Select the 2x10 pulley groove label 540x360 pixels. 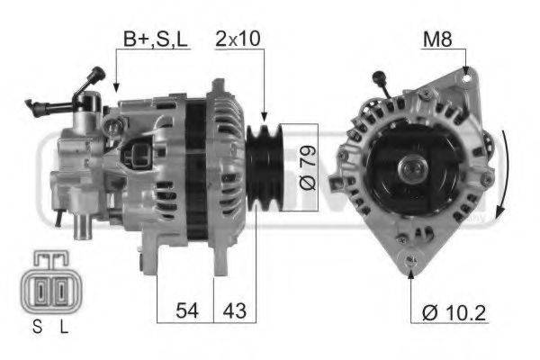click(239, 39)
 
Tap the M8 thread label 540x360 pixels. click(437, 39)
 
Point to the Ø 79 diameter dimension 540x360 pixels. click(307, 167)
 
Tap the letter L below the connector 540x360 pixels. click(63, 328)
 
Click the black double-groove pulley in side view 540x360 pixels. click(264, 166)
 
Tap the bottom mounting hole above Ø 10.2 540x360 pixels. click(411, 263)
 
